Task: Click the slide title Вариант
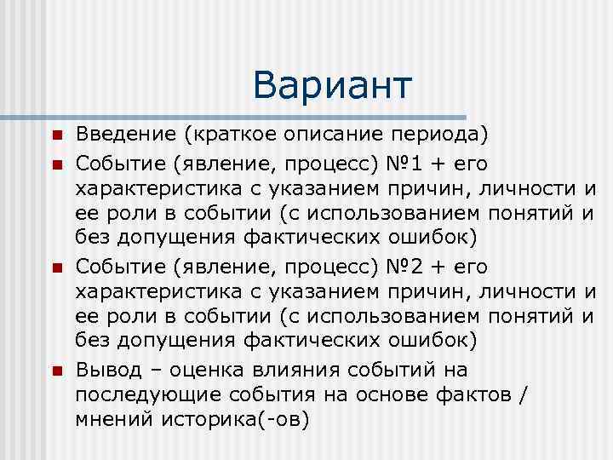coord(332,85)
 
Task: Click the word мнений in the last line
coord(113,420)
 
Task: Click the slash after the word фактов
coord(522,395)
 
